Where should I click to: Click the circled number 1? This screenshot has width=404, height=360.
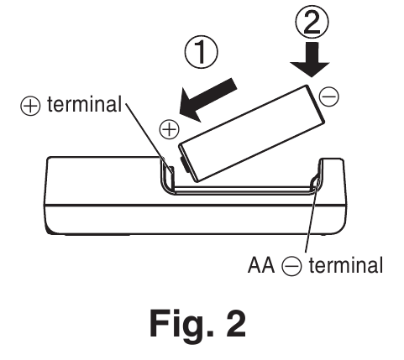[x=201, y=52]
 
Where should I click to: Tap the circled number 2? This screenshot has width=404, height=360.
[x=312, y=22]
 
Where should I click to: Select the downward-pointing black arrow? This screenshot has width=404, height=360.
[x=310, y=60]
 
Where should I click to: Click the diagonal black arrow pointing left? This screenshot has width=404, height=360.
[x=207, y=99]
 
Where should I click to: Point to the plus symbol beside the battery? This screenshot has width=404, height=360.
[x=170, y=129]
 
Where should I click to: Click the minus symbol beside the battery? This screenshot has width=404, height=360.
[x=329, y=97]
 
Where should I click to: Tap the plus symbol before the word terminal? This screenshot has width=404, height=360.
[x=30, y=106]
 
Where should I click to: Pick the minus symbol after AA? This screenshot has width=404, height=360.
[x=291, y=265]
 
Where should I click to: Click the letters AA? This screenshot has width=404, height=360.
[x=261, y=265]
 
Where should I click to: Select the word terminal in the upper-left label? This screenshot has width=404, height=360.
[x=84, y=104]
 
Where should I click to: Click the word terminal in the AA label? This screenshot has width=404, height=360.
[x=346, y=265]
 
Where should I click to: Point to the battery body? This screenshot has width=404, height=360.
[x=252, y=133]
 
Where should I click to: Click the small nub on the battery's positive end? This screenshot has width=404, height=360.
[x=182, y=164]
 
